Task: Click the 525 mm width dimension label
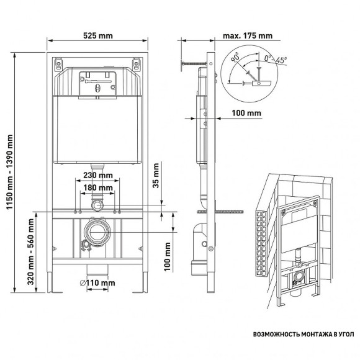(x=97, y=34)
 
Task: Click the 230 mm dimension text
(x=97, y=176)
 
